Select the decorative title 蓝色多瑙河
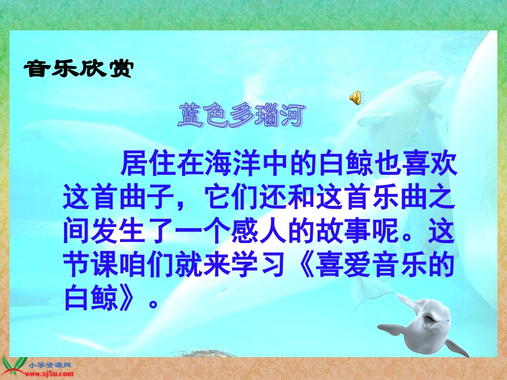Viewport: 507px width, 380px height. pyautogui.click(x=241, y=117)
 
